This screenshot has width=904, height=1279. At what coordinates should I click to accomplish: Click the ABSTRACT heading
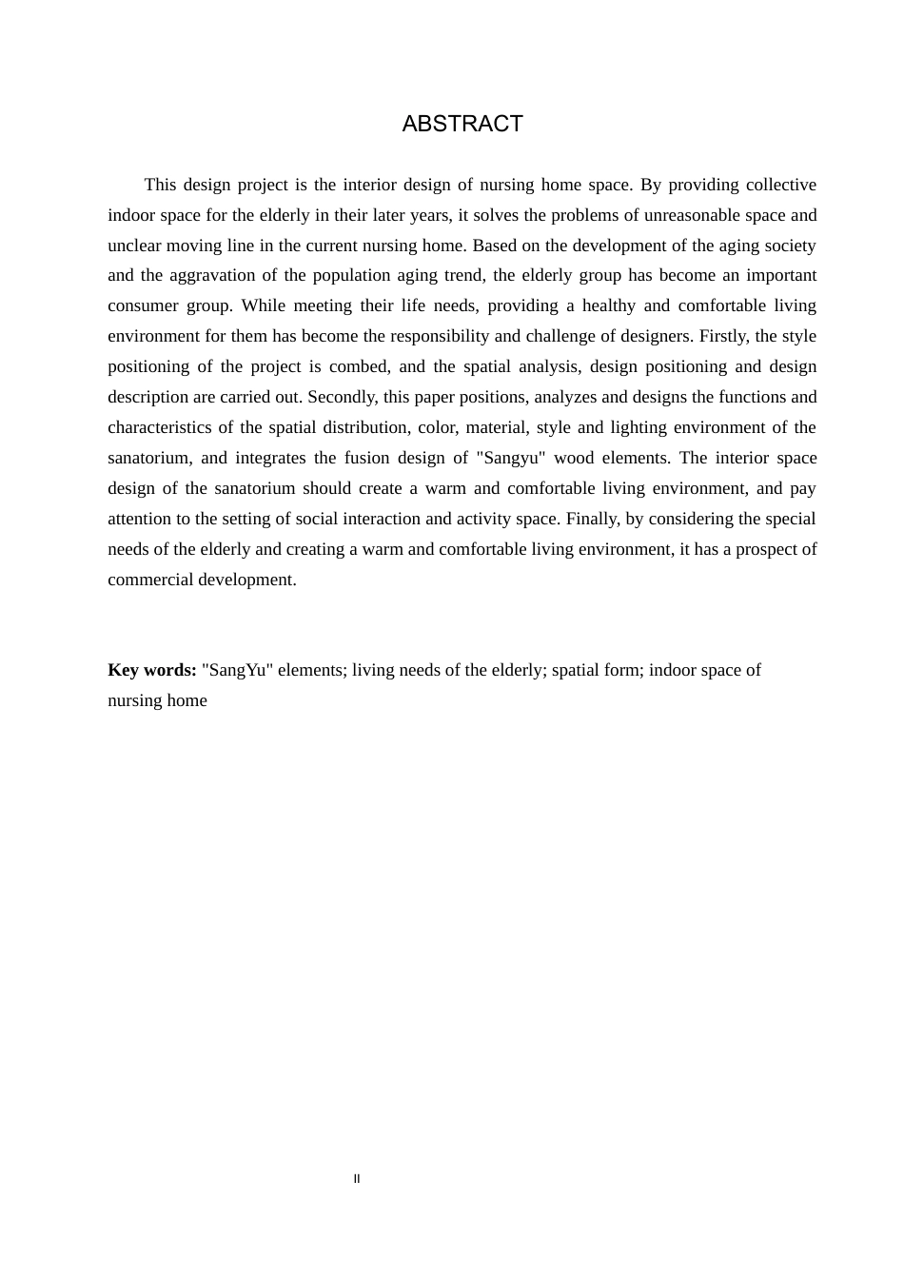pyautogui.click(x=462, y=124)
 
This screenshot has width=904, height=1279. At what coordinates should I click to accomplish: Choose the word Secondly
pyautogui.click(x=341, y=398)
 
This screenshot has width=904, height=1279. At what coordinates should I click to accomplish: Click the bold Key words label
pyautogui.click(x=152, y=670)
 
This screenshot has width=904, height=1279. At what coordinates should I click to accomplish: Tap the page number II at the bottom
pyautogui.click(x=357, y=1179)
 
